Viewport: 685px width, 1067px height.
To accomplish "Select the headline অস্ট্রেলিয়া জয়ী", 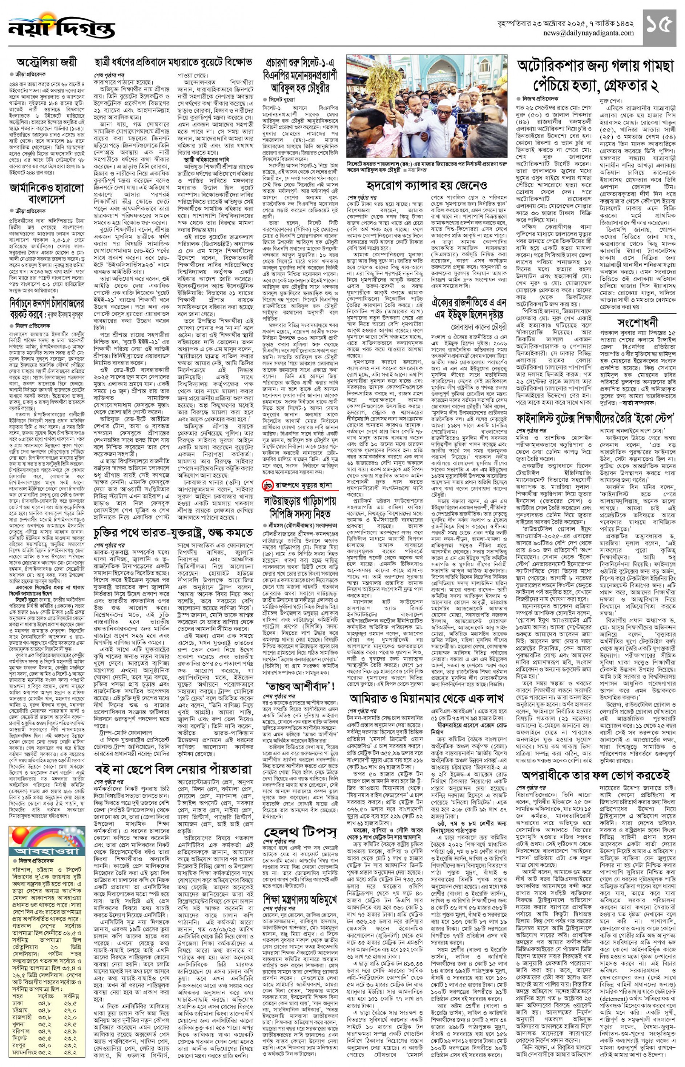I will tap(47, 62).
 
